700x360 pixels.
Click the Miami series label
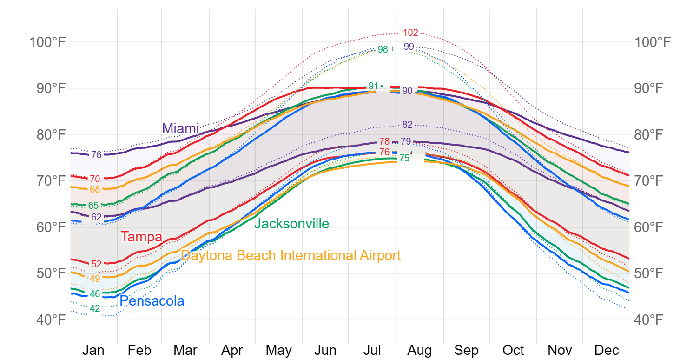point(180,128)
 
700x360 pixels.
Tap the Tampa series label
point(141,237)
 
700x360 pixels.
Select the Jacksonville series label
point(291,224)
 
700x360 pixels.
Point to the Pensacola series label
point(152,301)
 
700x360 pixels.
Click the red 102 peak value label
point(410,33)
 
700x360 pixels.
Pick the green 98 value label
point(383,49)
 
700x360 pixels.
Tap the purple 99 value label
point(409,47)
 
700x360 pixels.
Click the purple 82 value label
point(407,125)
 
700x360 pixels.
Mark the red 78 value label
point(384,141)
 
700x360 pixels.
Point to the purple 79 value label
point(406,141)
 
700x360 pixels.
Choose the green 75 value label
point(404,158)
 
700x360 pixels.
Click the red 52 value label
point(96,264)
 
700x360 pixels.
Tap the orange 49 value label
point(95,279)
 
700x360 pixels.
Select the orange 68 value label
point(95,189)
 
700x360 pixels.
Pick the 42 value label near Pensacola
point(95,308)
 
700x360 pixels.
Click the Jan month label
point(93,350)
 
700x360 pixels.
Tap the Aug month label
point(420,350)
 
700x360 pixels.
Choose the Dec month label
point(607,350)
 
